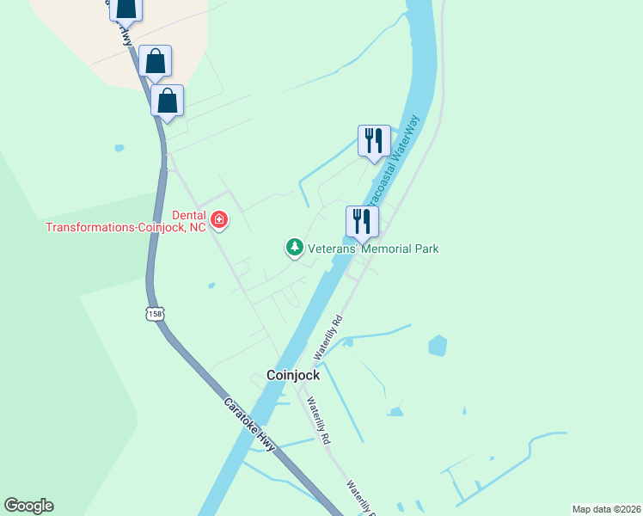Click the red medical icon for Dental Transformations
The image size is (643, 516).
pyautogui.click(x=219, y=221)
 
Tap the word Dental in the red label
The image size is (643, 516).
pyautogui.click(x=188, y=216)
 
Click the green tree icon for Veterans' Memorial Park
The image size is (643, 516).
pyautogui.click(x=295, y=249)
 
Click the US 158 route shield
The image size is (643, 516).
pyautogui.click(x=155, y=314)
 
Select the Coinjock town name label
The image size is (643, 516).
pyautogui.click(x=293, y=375)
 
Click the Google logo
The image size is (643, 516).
pyautogui.click(x=28, y=506)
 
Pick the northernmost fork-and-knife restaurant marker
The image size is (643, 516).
pyautogui.click(x=374, y=141)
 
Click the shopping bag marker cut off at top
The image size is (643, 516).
pyautogui.click(x=126, y=9)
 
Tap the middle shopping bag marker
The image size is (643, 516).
pyautogui.click(x=155, y=61)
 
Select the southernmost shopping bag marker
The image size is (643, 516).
pyautogui.click(x=168, y=101)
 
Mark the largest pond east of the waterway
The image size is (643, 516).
pyautogui.click(x=438, y=346)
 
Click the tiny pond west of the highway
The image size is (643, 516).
pyautogui.click(x=119, y=148)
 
